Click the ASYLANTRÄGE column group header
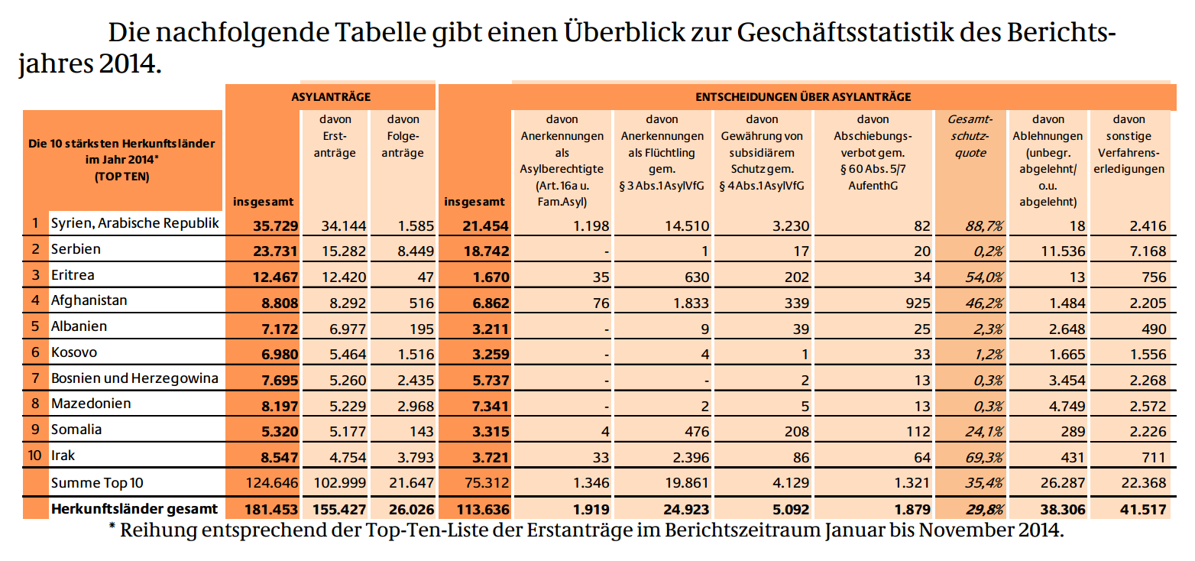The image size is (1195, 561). point(331,97)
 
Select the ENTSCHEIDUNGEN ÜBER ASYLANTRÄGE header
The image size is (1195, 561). point(803,97)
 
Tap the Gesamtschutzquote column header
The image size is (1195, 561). point(970,135)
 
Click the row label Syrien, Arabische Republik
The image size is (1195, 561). point(135,223)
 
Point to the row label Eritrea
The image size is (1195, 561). point(73,275)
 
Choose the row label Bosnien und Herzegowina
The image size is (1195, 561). point(134,378)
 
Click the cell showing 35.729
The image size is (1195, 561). point(275,225)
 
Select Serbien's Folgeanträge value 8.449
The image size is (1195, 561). point(416,251)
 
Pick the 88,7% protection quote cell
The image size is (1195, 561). point(984,225)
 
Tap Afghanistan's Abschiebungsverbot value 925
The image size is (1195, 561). point(918,303)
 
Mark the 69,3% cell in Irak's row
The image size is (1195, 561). point(984,458)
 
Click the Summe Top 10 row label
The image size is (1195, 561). point(97,483)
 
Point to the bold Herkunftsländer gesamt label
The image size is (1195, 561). point(134,509)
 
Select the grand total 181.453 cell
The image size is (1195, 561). point(271,510)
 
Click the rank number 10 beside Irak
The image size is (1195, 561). point(34,456)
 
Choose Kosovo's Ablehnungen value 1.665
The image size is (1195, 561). point(1067,355)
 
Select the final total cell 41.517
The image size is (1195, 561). point(1143,510)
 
